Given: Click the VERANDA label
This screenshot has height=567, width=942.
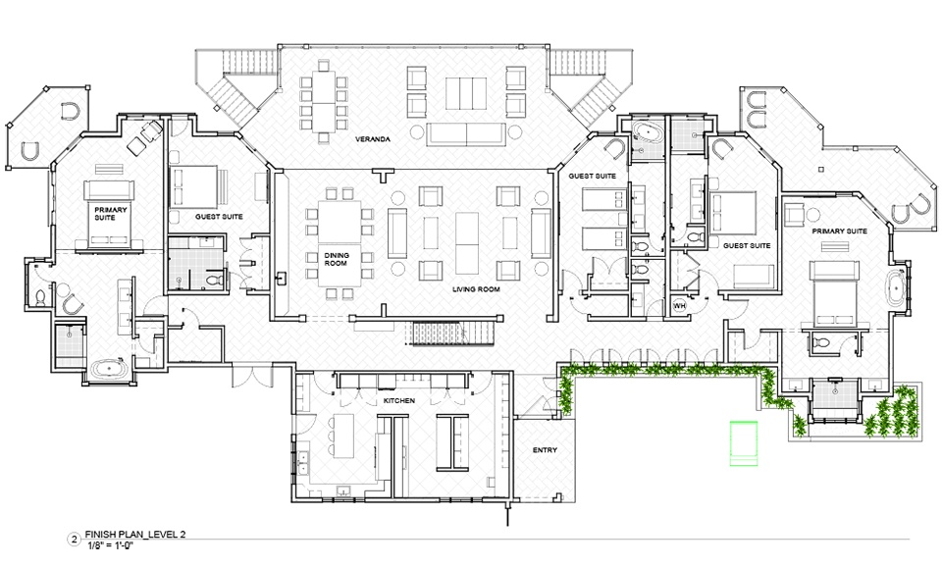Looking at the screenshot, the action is tap(373, 139).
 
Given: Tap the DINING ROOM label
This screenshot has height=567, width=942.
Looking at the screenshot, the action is tap(337, 259).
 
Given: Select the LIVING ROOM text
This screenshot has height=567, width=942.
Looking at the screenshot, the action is tap(476, 289).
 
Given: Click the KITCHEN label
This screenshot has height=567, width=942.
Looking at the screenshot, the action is tap(399, 400).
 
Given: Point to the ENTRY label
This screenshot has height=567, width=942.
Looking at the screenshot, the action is tap(545, 450).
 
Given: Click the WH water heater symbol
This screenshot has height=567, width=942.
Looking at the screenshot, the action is tap(679, 306).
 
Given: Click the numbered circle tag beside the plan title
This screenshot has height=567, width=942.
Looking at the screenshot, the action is tap(75, 540).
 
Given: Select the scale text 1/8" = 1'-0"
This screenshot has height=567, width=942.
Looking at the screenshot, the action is tap(109, 545).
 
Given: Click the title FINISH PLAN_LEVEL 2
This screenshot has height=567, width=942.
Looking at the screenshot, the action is tap(134, 534).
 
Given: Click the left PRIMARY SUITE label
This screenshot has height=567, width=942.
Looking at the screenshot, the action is tap(110, 213).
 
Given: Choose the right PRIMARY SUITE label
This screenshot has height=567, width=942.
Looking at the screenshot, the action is tap(839, 232).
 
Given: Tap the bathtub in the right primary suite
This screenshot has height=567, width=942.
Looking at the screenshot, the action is tap(897, 290).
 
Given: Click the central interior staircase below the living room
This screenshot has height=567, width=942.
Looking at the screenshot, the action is tap(452, 334).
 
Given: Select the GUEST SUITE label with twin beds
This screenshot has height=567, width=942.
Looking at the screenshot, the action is tap(593, 176).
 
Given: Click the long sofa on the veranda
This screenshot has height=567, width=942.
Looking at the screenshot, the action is tap(466, 134).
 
